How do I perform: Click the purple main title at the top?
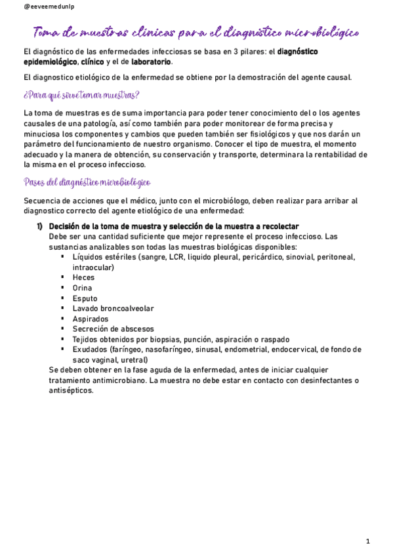[x=196, y=32]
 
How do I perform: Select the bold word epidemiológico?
[x=50, y=62]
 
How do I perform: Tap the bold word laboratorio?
[x=152, y=62]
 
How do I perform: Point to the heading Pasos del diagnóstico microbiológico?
[x=87, y=182]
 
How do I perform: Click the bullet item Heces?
[x=83, y=277]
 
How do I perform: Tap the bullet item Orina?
[x=83, y=288]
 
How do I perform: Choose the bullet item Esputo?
[x=85, y=298]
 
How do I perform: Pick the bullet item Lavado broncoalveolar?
[x=114, y=308]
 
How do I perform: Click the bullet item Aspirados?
[x=91, y=319]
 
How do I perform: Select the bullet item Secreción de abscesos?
[x=114, y=329]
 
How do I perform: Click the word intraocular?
[x=93, y=268]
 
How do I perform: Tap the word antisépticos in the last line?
[x=72, y=391]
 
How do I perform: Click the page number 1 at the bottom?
[x=369, y=542]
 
